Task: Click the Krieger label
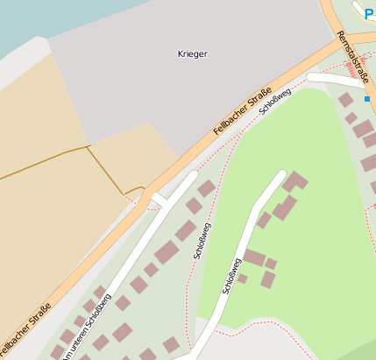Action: pos(192,54)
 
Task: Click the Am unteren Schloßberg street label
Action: pos(87,325)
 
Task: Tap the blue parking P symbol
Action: pos(369,13)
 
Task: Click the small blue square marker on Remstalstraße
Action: pos(366,99)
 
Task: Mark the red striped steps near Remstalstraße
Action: pos(351,65)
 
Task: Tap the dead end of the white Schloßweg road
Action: pos(281,173)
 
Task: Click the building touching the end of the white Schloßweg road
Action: pos(294,181)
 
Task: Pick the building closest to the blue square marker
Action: pos(347,100)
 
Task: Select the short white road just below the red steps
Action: pos(333,80)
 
